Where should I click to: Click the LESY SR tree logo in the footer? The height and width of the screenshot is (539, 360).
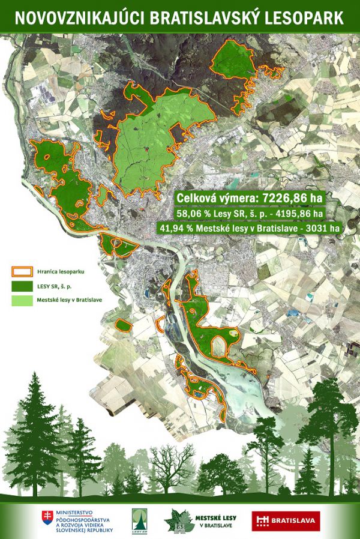click(x=139, y=519)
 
